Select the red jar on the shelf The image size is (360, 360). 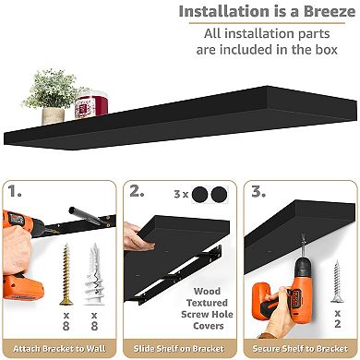86,100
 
